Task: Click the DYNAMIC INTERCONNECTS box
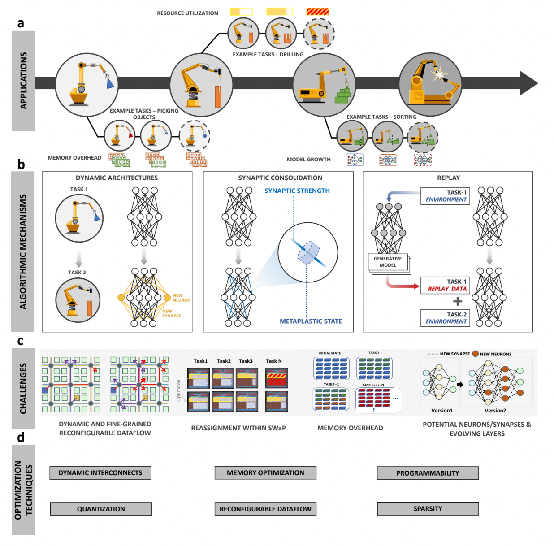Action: click(x=100, y=473)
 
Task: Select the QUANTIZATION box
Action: click(x=101, y=509)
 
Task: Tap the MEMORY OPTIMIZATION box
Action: click(x=265, y=473)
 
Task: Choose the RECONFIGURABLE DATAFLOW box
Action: click(x=265, y=509)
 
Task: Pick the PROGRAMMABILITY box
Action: click(x=428, y=473)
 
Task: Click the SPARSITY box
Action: click(x=428, y=509)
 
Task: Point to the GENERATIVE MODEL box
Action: click(x=388, y=262)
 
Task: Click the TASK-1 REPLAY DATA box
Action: click(x=446, y=286)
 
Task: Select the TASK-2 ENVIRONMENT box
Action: click(x=446, y=318)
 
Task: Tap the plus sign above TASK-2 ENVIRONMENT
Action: click(x=457, y=301)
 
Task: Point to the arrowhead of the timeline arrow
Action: click(x=529, y=83)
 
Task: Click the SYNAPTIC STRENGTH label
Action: click(x=297, y=191)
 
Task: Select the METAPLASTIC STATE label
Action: click(x=311, y=321)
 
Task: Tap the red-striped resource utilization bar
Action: click(x=317, y=12)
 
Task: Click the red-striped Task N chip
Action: click(x=276, y=378)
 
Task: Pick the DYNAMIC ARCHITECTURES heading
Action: click(x=117, y=178)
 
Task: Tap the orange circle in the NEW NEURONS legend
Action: click(x=475, y=354)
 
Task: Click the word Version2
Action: click(x=495, y=411)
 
